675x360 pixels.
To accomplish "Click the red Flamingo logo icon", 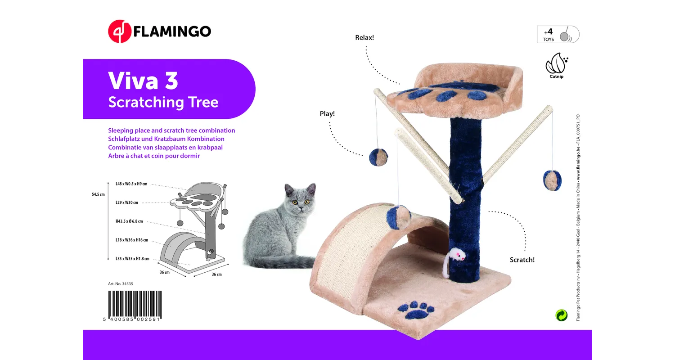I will click(x=119, y=31).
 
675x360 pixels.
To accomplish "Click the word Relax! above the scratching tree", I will click(x=364, y=37).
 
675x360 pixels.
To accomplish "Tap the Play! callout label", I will click(x=327, y=114).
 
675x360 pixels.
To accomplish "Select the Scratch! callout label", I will click(x=522, y=260).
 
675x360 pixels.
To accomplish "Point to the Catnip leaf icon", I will click(x=556, y=64).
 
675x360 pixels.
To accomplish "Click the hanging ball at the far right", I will click(x=552, y=180).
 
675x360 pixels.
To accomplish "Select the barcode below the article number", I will click(x=135, y=304).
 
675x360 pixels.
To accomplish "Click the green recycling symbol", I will click(x=561, y=315).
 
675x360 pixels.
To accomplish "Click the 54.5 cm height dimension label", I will click(x=98, y=194).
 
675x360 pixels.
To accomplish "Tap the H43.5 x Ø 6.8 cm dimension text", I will click(x=129, y=221).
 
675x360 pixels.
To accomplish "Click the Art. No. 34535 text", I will click(x=121, y=284).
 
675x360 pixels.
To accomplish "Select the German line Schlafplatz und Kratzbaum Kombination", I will click(x=166, y=139).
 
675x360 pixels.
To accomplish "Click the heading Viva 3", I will click(x=143, y=81).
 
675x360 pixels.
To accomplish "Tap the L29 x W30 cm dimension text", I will click(x=126, y=202).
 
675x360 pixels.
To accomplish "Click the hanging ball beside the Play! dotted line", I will click(x=378, y=157).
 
